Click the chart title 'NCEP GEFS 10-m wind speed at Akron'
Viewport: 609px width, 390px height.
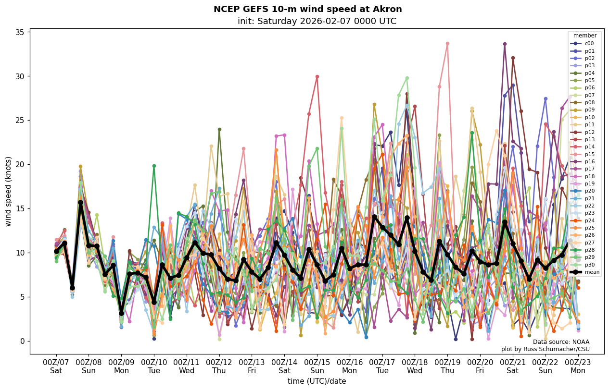tap(307, 9)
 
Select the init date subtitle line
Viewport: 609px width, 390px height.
tap(317, 21)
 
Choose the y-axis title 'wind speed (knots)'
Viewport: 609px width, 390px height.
tap(9, 191)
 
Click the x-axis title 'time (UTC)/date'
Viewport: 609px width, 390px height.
tap(317, 381)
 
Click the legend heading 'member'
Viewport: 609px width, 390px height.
tap(584, 36)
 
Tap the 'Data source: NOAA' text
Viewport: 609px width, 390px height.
tap(561, 342)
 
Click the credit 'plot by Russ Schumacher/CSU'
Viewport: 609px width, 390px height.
tap(545, 349)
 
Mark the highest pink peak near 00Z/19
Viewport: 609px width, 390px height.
tap(447, 44)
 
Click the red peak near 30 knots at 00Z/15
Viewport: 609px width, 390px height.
tap(317, 76)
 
